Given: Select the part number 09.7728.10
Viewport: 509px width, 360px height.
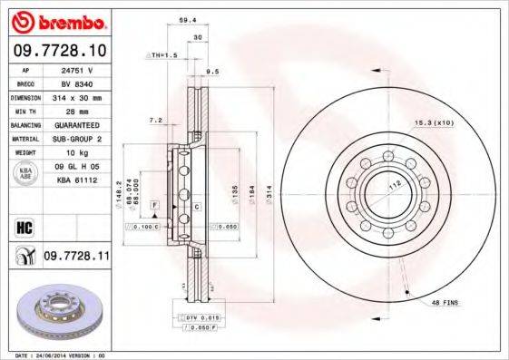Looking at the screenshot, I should tap(59, 52).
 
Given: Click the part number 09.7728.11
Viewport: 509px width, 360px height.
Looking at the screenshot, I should tap(76, 258).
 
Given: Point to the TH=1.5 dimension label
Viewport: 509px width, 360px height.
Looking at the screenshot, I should tap(163, 55).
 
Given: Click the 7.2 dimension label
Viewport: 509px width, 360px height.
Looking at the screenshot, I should tap(155, 119).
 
